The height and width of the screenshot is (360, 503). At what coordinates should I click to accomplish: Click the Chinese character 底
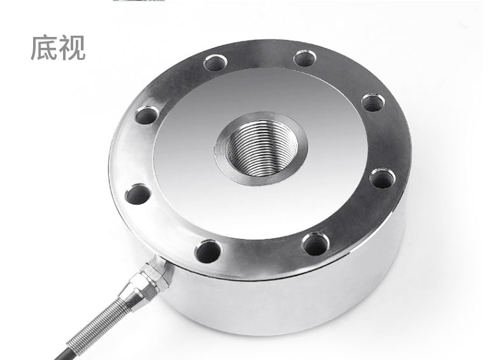(x=44, y=48)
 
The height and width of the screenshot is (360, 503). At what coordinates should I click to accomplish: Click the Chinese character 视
(x=71, y=48)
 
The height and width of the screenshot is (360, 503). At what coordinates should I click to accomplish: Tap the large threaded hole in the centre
(x=261, y=148)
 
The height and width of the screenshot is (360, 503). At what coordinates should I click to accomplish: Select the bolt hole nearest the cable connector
(x=208, y=251)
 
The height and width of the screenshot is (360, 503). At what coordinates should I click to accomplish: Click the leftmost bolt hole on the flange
(x=138, y=194)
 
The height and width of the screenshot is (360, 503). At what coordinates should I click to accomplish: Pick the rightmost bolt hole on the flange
(x=383, y=178)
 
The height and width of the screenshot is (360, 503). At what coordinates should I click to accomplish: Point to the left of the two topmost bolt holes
(x=216, y=62)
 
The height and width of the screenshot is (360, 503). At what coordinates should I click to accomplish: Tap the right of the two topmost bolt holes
(x=305, y=58)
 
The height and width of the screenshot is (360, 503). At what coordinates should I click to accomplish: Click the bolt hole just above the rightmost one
(x=373, y=103)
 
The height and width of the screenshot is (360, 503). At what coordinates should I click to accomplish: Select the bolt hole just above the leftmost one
(x=147, y=115)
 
